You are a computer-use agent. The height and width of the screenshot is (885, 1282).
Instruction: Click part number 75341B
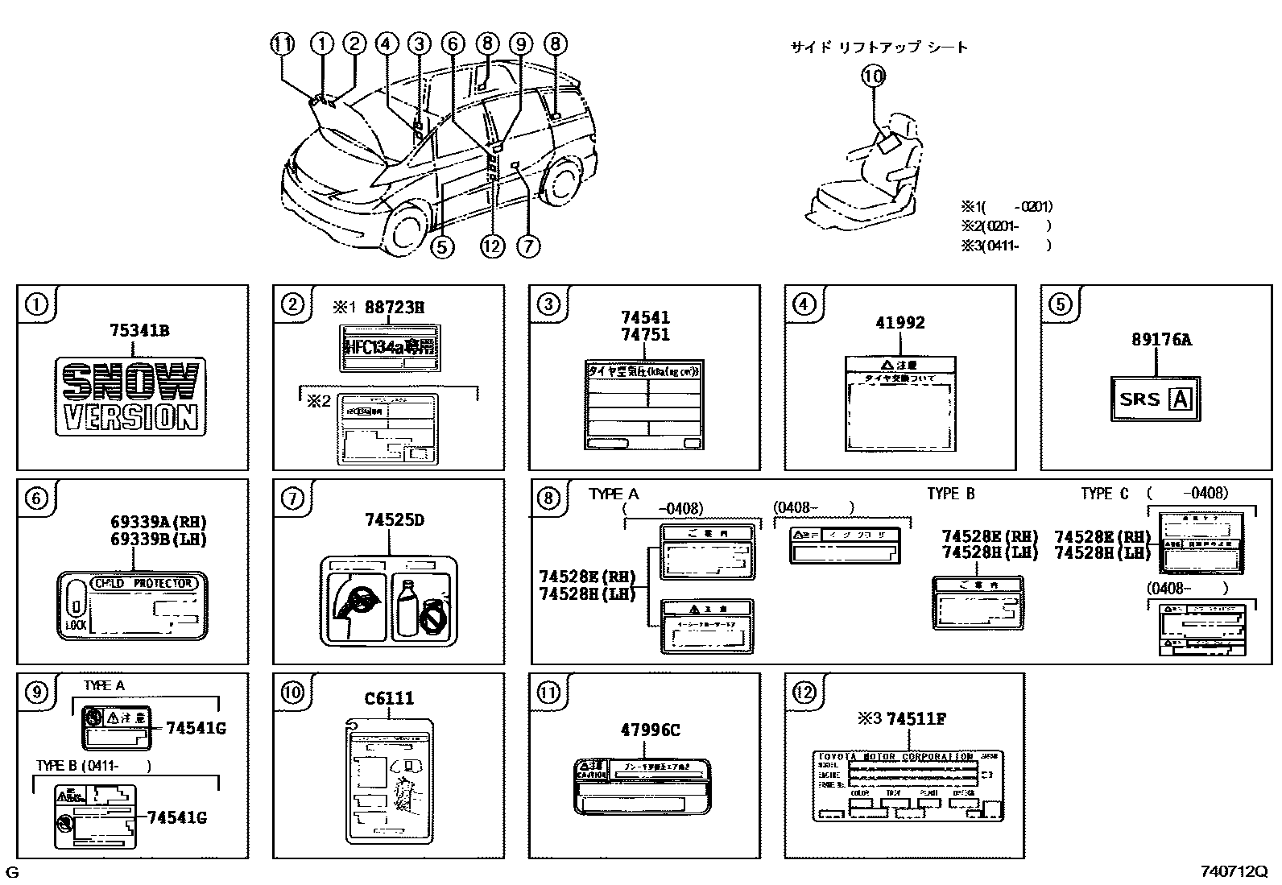coord(139,330)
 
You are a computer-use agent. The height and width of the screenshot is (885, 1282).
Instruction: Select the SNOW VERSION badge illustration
coord(130,397)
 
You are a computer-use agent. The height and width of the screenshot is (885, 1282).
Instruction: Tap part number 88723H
coord(394,307)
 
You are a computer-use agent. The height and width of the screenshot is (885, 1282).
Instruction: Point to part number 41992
coord(899,323)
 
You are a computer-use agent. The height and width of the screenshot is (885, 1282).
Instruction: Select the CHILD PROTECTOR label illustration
coord(132,606)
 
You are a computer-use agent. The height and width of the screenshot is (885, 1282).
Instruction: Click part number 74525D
coord(395,520)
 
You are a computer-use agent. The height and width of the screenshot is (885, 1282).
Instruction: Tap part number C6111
coord(389,698)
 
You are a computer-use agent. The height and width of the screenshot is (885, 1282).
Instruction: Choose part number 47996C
coord(650,730)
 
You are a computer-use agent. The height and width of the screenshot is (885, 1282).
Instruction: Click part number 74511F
coord(916,719)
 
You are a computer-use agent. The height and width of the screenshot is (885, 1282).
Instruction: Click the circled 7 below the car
coord(527,246)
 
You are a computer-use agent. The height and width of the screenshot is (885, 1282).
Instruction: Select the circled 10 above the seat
coord(873,77)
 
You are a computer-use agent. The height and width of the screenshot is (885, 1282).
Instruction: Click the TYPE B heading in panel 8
coord(950,494)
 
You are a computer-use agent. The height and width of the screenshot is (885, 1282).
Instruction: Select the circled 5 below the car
coord(442,246)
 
